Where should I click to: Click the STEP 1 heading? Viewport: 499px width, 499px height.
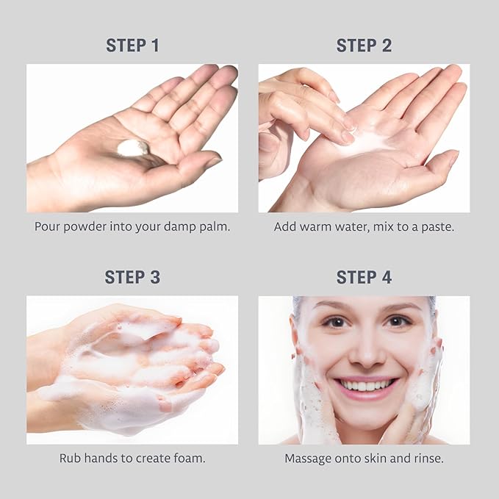click(x=132, y=45)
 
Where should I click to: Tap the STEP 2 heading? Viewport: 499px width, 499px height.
click(x=364, y=45)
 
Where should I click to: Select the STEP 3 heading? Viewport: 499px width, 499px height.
click(x=132, y=277)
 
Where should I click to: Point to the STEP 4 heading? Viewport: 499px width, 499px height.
click(x=364, y=277)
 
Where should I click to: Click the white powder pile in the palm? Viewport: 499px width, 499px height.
click(x=133, y=148)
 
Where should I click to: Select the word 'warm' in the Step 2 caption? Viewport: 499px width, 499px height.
click(x=315, y=226)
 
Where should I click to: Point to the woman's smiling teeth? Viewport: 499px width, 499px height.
click(x=365, y=386)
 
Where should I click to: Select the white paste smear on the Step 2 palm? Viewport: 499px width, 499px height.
click(x=366, y=144)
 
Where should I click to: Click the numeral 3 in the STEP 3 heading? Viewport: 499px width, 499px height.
click(x=155, y=277)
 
